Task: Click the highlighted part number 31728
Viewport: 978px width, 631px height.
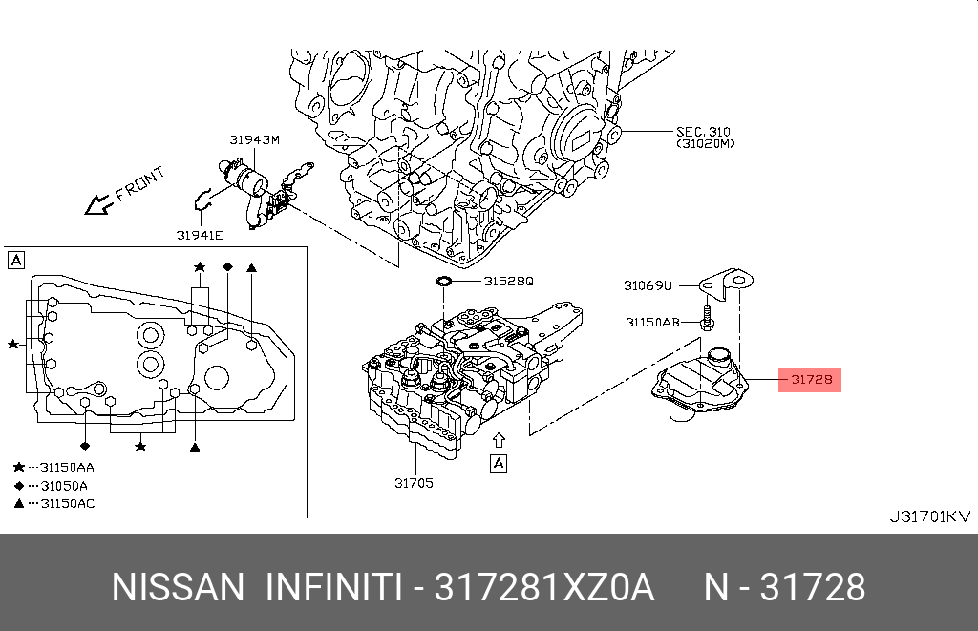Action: tap(811, 380)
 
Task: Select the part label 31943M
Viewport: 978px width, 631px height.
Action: tap(254, 139)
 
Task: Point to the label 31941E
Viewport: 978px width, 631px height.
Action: tap(199, 234)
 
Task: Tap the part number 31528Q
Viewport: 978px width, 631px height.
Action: tap(508, 282)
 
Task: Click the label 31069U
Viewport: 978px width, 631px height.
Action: tap(648, 284)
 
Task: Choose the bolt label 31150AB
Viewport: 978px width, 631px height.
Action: tap(652, 322)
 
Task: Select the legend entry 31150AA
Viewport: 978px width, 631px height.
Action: tap(67, 467)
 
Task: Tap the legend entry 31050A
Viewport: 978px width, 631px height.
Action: tap(64, 485)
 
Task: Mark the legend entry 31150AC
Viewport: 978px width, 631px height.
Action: tap(67, 503)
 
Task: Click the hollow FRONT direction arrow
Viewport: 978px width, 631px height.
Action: tap(97, 204)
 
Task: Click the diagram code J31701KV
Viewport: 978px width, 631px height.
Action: tap(929, 516)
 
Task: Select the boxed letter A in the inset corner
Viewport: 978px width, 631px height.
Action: tap(16, 260)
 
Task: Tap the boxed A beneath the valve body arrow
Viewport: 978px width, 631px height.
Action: tap(498, 463)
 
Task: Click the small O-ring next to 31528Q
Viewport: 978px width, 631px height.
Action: tap(444, 282)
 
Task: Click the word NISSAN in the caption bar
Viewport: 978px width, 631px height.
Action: tap(179, 587)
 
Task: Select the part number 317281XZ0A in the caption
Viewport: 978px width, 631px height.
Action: tap(544, 587)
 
